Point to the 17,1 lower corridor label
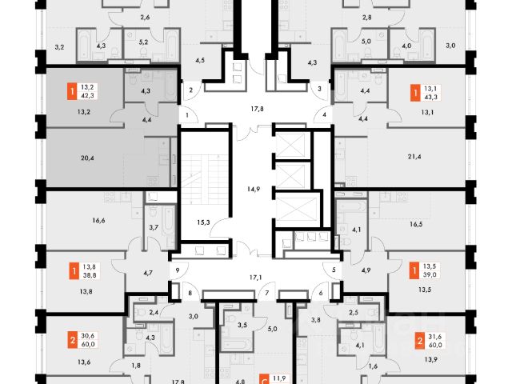[256, 278]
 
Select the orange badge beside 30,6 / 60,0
[72, 339]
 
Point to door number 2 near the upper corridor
[192, 90]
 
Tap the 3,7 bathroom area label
[154, 229]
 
